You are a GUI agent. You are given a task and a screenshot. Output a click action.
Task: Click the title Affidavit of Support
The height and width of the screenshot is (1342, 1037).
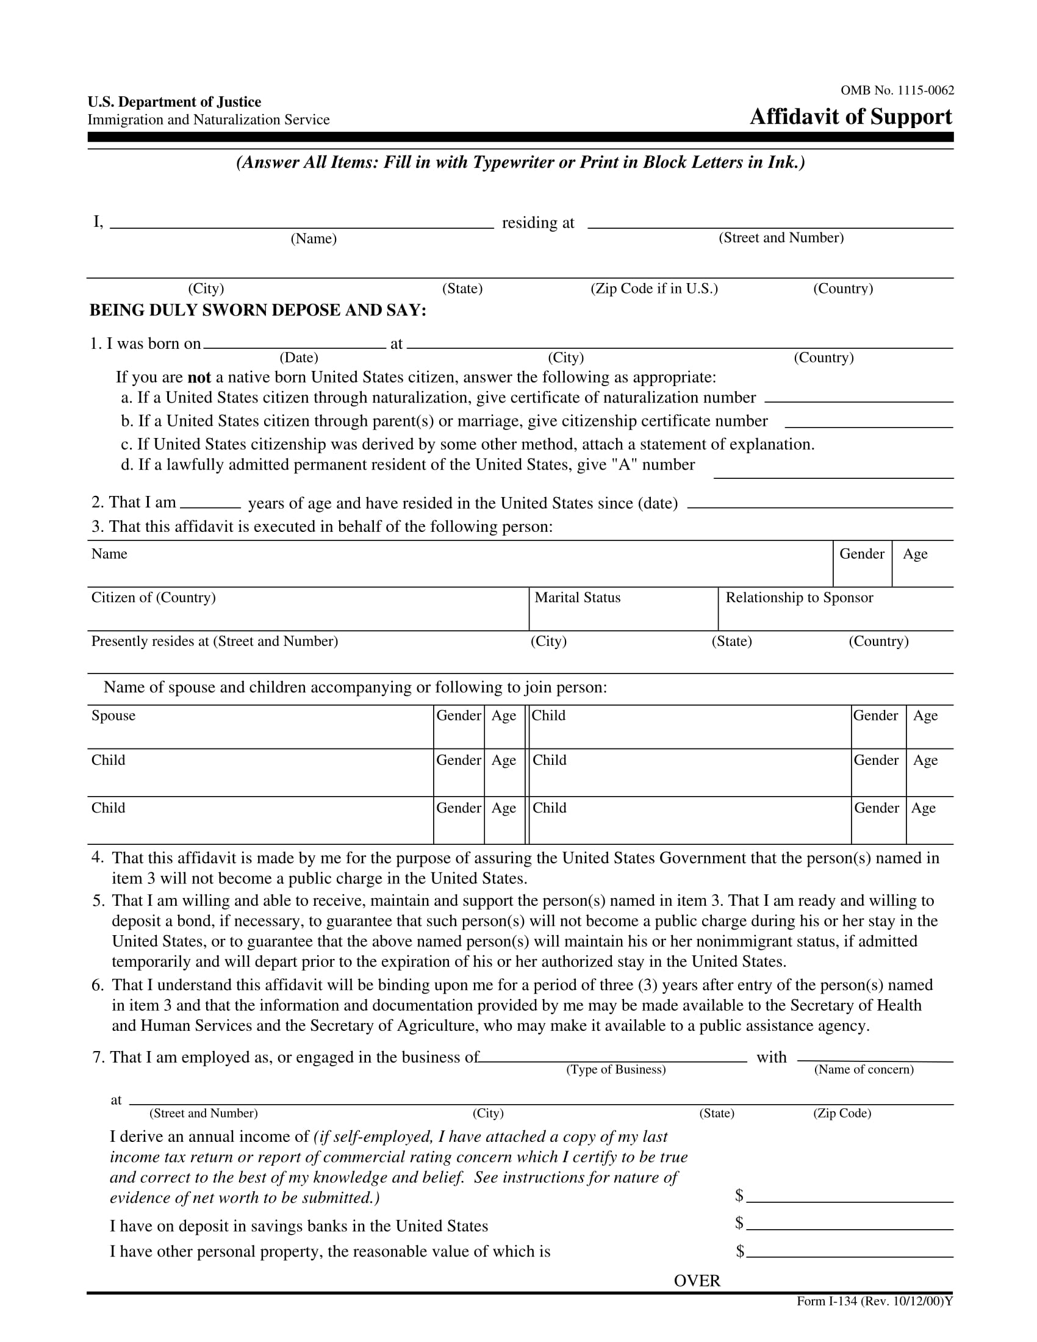850,116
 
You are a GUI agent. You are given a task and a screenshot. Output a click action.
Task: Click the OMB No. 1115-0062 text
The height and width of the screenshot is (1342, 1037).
897,90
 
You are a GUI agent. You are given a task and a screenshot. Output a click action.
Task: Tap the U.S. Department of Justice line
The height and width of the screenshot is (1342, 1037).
174,101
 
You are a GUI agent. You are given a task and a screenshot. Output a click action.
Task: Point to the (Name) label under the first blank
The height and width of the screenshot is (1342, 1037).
314,239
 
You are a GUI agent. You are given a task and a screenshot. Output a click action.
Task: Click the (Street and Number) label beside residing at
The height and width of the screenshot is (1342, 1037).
781,238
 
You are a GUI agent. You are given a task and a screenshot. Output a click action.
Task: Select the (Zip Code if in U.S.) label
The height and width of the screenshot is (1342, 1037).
654,288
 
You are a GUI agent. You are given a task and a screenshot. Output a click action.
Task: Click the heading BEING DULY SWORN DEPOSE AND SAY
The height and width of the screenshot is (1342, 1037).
257,310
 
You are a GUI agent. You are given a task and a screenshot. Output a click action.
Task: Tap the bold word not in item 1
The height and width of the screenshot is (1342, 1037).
199,377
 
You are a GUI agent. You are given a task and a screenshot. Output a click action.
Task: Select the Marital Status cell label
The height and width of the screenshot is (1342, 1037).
578,597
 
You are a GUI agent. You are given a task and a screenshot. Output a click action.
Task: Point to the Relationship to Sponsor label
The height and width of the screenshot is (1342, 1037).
798,597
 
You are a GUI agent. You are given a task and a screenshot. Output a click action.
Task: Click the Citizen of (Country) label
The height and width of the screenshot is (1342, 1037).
154,597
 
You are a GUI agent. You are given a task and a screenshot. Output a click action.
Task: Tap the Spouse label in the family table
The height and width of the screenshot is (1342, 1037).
113,716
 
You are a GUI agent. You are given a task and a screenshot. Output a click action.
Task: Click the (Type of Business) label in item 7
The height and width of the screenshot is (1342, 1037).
615,1070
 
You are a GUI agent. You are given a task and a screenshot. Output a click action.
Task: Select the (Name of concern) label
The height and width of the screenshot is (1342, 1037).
863,1070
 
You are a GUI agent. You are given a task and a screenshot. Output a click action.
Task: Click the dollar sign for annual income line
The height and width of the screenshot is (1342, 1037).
739,1195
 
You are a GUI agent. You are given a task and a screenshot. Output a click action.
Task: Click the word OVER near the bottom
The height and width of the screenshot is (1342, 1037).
697,1280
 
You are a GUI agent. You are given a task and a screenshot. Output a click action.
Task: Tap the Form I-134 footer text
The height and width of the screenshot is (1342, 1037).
874,1301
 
